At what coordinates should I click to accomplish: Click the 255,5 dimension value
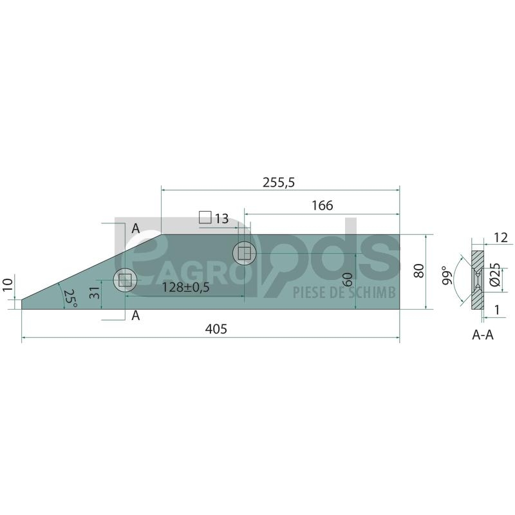coord(279,182)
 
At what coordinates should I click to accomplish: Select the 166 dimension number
coord(323,205)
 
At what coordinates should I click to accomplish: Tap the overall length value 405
coord(216,329)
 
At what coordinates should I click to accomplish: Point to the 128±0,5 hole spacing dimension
coord(185,287)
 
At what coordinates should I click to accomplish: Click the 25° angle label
coord(70,298)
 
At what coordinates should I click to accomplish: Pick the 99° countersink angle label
coord(447,276)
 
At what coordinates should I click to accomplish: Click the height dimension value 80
coord(419,271)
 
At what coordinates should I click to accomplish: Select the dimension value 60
coord(349,279)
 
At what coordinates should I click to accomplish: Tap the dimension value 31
coord(94,292)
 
